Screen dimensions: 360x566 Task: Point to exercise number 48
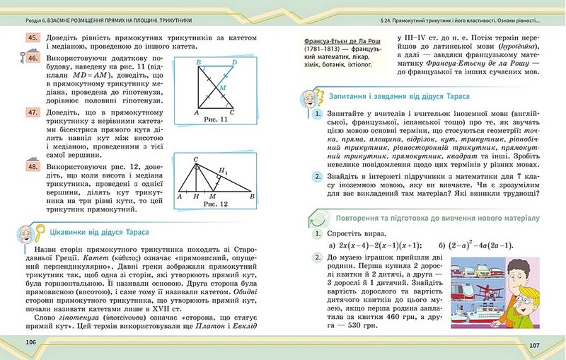tap(33, 167)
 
